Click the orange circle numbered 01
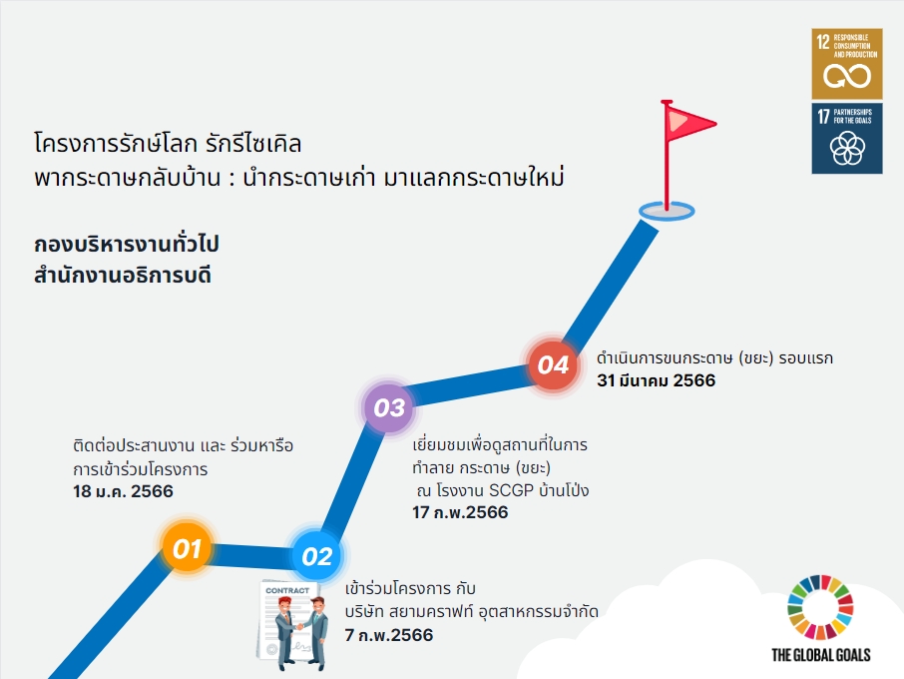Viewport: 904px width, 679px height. pos(187,548)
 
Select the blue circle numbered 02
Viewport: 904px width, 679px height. pos(317,556)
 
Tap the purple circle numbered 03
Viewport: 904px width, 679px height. pos(389,407)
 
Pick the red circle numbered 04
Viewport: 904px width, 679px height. pos(553,364)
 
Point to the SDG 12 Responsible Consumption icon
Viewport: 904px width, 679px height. pos(847,64)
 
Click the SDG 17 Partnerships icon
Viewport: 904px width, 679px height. pos(847,139)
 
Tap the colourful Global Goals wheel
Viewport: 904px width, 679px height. pos(820,607)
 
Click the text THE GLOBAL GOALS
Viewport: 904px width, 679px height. pos(821,655)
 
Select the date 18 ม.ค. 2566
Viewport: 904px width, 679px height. pos(123,491)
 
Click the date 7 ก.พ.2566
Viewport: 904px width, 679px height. pos(388,635)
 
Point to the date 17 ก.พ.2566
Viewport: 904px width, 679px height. pos(460,512)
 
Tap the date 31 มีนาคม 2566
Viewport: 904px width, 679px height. pos(657,380)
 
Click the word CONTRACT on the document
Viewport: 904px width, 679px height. pos(287,591)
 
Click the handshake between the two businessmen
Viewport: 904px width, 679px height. pos(299,626)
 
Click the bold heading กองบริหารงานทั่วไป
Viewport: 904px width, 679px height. pos(127,244)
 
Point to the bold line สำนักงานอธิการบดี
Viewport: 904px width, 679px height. pos(122,276)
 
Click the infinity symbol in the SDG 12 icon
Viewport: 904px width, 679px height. pos(847,76)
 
